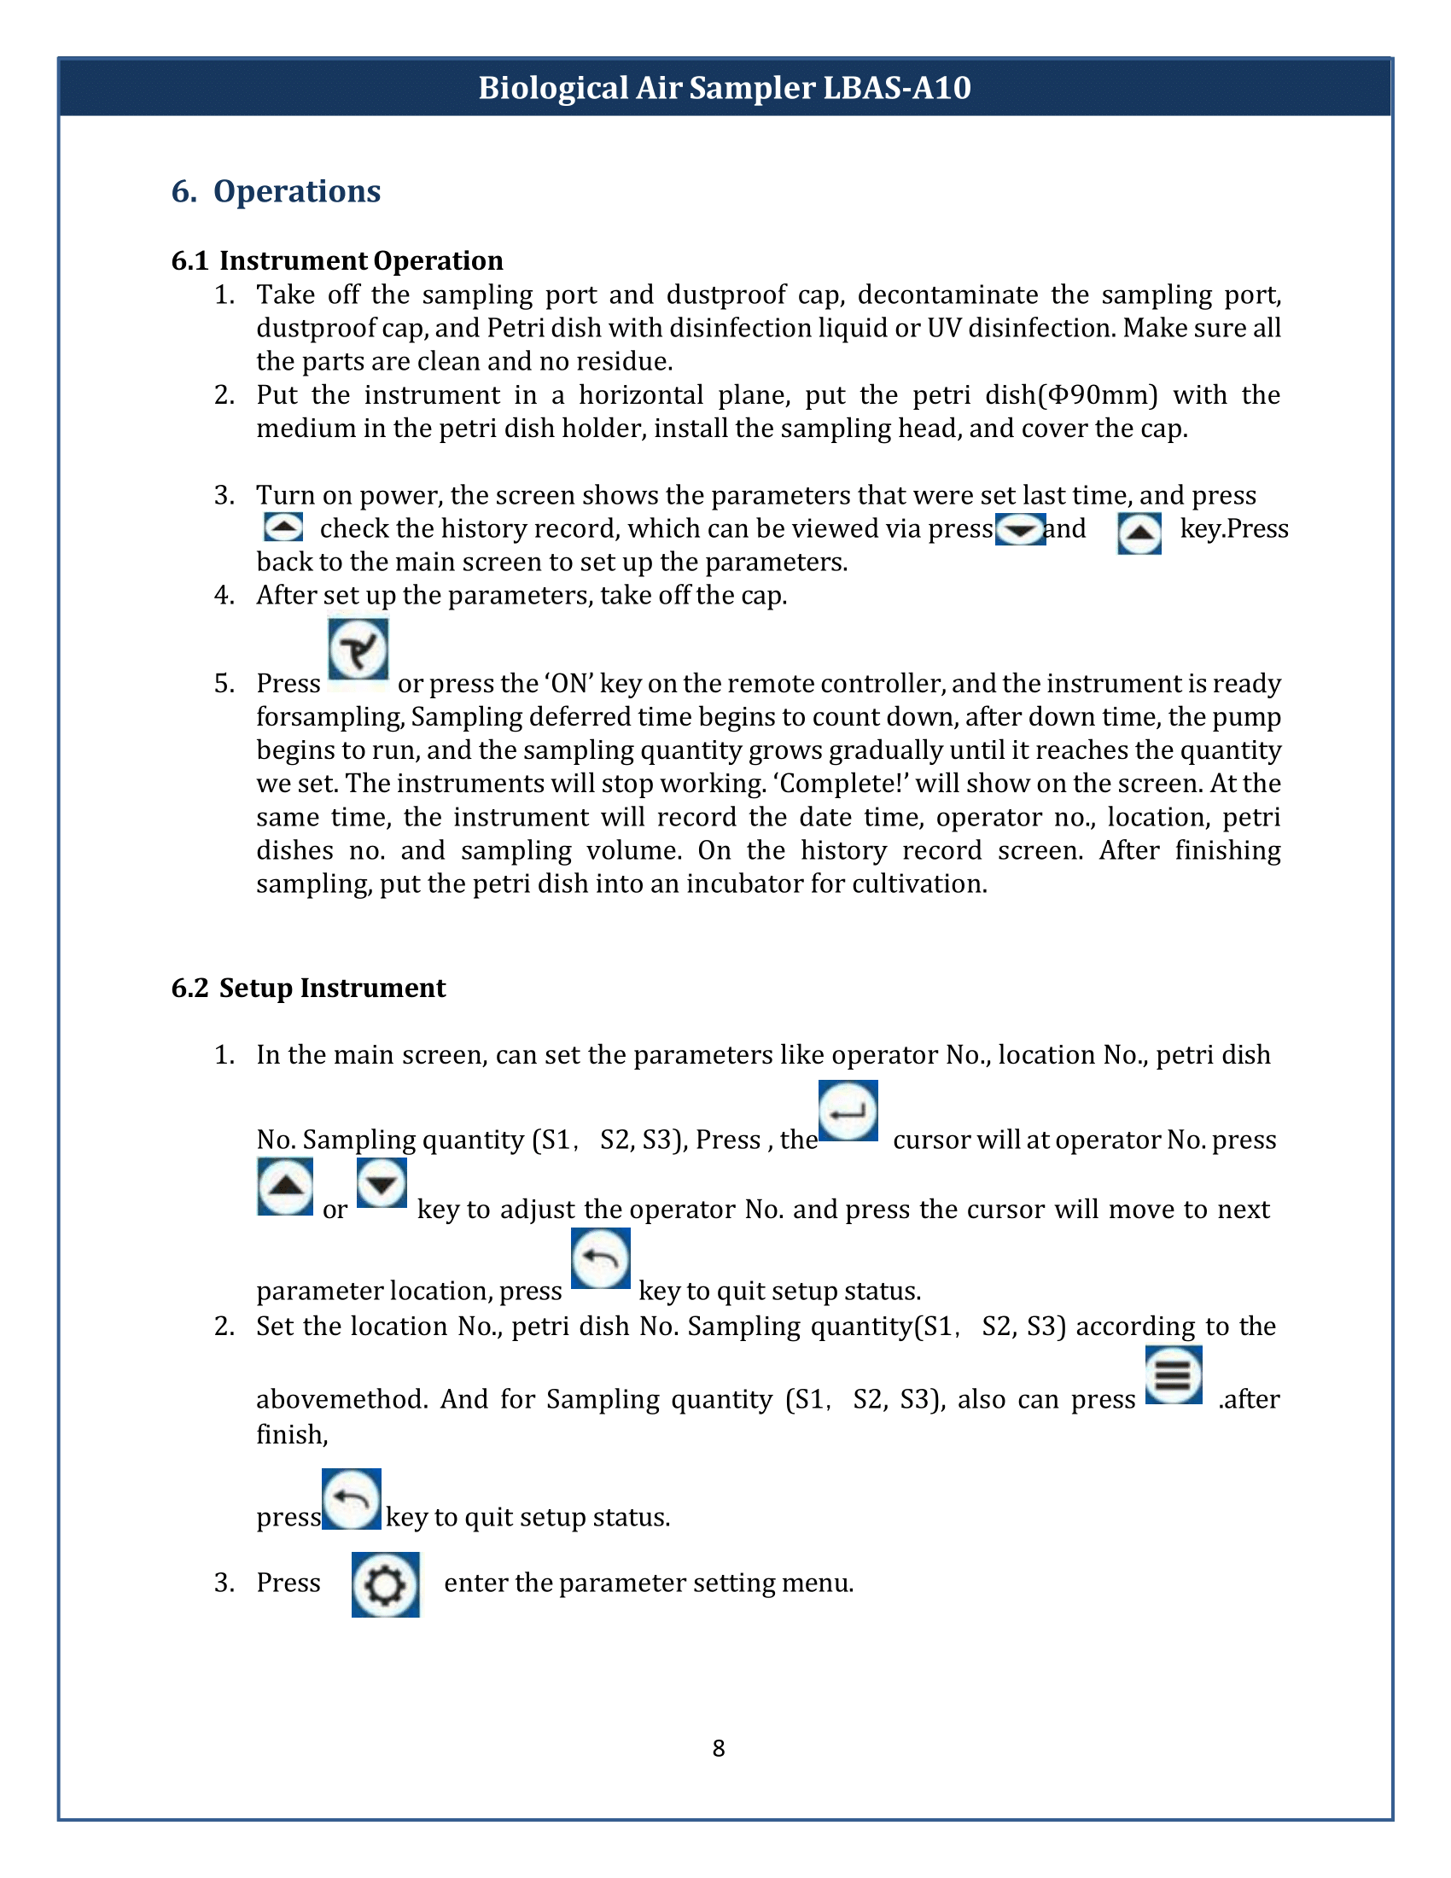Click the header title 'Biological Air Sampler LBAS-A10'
(x=725, y=88)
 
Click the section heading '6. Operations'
(x=276, y=191)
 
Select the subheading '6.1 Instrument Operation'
(x=337, y=260)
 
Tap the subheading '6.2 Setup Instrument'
(x=309, y=988)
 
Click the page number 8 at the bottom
(x=719, y=1748)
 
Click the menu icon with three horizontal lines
(x=1174, y=1375)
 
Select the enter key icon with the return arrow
(x=848, y=1110)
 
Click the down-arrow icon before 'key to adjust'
(x=382, y=1183)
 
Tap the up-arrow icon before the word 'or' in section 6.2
(x=285, y=1187)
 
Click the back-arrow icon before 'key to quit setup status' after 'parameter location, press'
(x=601, y=1258)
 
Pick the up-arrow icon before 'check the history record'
(x=283, y=526)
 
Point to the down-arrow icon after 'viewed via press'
(x=1019, y=529)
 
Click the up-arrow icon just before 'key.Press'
(x=1139, y=534)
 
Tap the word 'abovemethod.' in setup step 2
(x=341, y=1399)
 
